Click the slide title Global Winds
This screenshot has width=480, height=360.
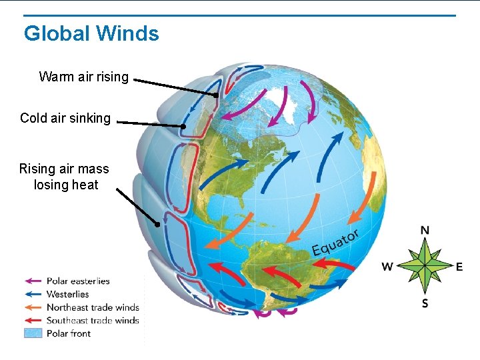(91, 33)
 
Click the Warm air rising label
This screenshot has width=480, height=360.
(84, 77)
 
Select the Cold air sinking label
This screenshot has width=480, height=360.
(65, 118)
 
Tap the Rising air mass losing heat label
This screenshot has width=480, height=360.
(64, 177)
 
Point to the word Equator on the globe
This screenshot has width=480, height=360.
(336, 243)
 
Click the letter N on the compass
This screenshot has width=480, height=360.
(425, 231)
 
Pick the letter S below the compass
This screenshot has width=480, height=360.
(425, 303)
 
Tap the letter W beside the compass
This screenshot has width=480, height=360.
(387, 267)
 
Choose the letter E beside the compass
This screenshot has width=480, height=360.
(459, 267)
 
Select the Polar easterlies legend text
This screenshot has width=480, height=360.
(78, 281)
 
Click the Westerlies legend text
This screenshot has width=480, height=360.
(67, 294)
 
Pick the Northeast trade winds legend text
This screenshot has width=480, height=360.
(93, 307)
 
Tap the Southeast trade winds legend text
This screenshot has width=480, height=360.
(93, 321)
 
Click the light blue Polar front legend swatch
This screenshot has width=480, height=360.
(33, 333)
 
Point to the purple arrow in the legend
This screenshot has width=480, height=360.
(33, 281)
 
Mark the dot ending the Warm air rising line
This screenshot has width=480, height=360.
(216, 95)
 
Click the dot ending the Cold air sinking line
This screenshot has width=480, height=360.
(183, 126)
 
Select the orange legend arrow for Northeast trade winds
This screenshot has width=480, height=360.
(33, 307)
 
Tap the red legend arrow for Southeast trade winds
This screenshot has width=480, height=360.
(33, 321)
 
